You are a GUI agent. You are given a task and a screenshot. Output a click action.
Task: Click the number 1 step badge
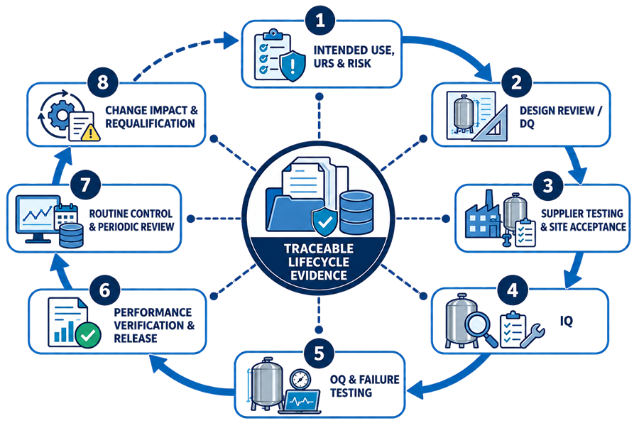click(x=320, y=20)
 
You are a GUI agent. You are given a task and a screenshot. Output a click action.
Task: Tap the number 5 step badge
click(x=319, y=353)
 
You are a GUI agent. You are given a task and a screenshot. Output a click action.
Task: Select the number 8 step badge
click(x=102, y=82)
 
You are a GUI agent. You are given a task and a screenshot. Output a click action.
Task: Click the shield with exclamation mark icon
click(x=293, y=66)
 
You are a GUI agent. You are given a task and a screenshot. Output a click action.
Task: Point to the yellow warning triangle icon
click(x=91, y=132)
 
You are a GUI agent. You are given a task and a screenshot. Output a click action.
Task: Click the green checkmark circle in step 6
click(x=88, y=335)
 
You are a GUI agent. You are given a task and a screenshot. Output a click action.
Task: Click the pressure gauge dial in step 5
click(x=300, y=380)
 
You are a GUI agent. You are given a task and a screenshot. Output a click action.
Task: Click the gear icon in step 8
click(x=62, y=115)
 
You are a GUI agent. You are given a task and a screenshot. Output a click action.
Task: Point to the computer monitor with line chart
click(x=37, y=219)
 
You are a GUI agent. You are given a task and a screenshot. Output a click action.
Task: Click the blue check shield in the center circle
click(x=324, y=222)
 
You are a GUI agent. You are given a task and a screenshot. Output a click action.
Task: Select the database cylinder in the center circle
click(x=356, y=212)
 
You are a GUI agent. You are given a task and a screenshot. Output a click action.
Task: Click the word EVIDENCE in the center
click(x=319, y=275)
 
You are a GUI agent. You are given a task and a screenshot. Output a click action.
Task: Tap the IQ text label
click(x=567, y=322)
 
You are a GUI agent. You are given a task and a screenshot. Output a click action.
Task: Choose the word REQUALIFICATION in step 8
click(x=150, y=124)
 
